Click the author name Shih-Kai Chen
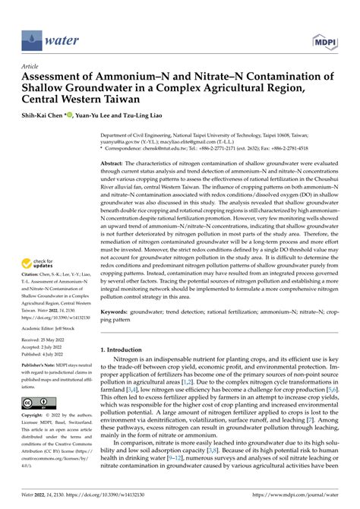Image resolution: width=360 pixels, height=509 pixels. point(43,115)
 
